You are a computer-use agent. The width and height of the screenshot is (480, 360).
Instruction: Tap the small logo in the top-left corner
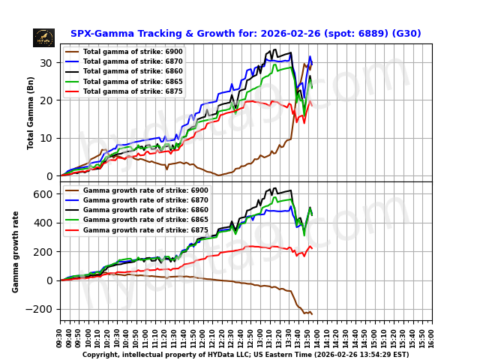tap(43, 37)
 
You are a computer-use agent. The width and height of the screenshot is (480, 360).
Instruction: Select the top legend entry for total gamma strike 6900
tap(131, 52)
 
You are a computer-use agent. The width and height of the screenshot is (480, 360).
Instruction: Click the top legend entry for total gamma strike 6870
tap(131, 61)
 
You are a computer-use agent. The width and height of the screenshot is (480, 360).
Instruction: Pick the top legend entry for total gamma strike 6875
tap(131, 91)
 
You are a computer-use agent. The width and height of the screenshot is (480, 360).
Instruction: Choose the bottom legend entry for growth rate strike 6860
tap(135, 211)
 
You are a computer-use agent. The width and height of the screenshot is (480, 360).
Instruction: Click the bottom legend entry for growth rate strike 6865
tap(135, 220)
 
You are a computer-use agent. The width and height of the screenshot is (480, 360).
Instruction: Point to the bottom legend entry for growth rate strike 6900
tap(135, 191)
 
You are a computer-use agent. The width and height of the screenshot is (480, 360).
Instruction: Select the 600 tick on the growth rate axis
tap(46, 193)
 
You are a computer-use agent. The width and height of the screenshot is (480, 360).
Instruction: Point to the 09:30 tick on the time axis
tap(61, 334)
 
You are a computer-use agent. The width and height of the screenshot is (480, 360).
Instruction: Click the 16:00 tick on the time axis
tap(432, 334)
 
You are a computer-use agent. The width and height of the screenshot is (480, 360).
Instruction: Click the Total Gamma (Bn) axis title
tap(31, 112)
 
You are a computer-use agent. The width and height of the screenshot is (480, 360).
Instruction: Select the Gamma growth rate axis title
tap(16, 251)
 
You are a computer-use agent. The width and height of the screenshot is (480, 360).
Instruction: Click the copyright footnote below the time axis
tap(245, 355)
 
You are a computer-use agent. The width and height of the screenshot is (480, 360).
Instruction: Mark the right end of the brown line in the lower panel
tap(311, 313)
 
